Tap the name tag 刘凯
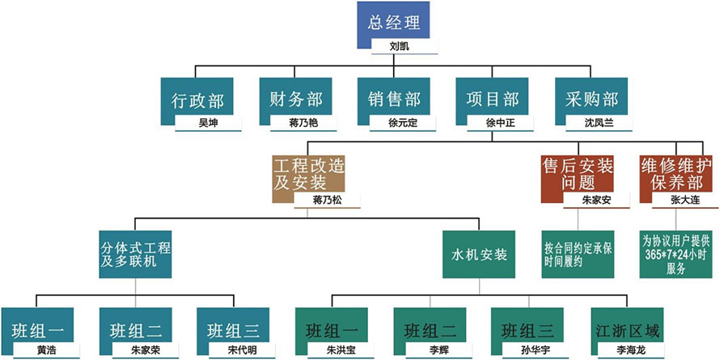400,47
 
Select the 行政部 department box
197,98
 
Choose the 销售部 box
393,98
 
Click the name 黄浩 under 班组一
47,350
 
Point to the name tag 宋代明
243,350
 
